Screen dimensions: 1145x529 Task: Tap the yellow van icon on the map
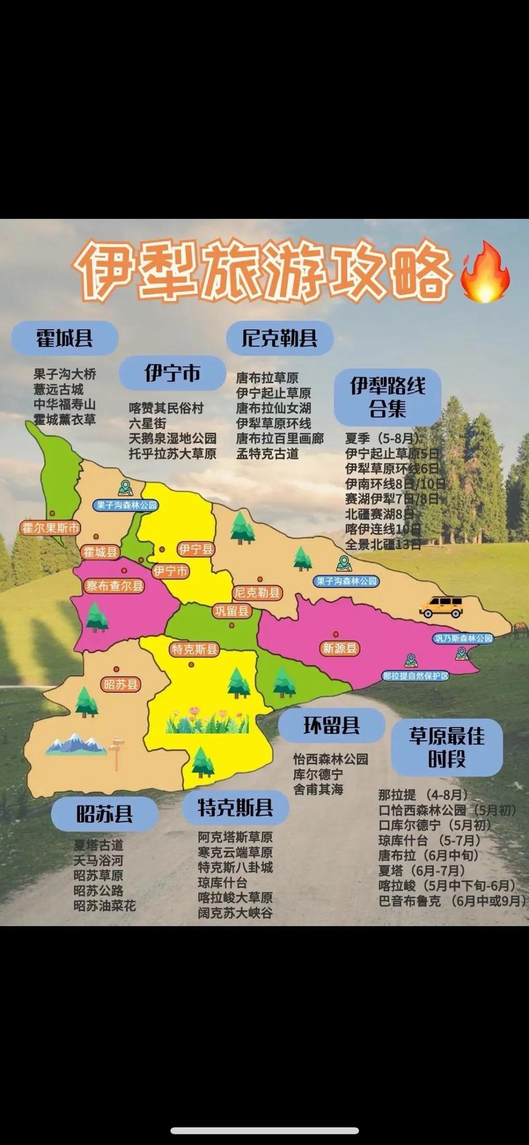442,606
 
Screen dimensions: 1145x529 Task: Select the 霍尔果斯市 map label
51,528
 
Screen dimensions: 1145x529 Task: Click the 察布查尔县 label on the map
114,586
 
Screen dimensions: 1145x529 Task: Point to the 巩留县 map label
231,611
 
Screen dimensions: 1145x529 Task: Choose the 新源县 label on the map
340,648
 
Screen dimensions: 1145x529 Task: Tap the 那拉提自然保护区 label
416,676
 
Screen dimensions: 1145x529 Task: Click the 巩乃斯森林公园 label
464,638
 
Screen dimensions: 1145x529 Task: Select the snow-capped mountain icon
75,744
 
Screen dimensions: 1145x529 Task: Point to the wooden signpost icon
117,752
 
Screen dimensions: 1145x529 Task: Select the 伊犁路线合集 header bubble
387,397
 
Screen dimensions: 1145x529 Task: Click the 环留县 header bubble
331,726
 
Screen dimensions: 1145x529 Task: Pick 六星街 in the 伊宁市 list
147,423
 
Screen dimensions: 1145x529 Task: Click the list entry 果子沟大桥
65,374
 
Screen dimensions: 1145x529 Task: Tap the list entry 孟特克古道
267,454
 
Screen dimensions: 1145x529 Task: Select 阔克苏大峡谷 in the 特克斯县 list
235,913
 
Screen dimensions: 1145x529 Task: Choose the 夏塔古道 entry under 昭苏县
99,845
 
